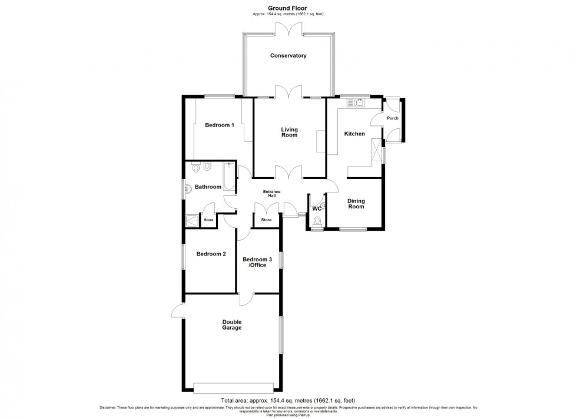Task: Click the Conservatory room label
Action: point(288,56)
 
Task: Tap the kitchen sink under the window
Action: point(356,103)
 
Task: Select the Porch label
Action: point(393,118)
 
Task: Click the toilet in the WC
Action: point(318,222)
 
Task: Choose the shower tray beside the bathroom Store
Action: point(193,221)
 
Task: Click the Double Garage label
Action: point(232,325)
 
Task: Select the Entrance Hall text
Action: point(271,195)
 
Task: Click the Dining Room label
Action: point(356,204)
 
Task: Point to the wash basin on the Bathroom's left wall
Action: point(188,189)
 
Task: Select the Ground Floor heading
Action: point(288,8)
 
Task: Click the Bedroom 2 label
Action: point(211,254)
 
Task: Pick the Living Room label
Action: point(288,132)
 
